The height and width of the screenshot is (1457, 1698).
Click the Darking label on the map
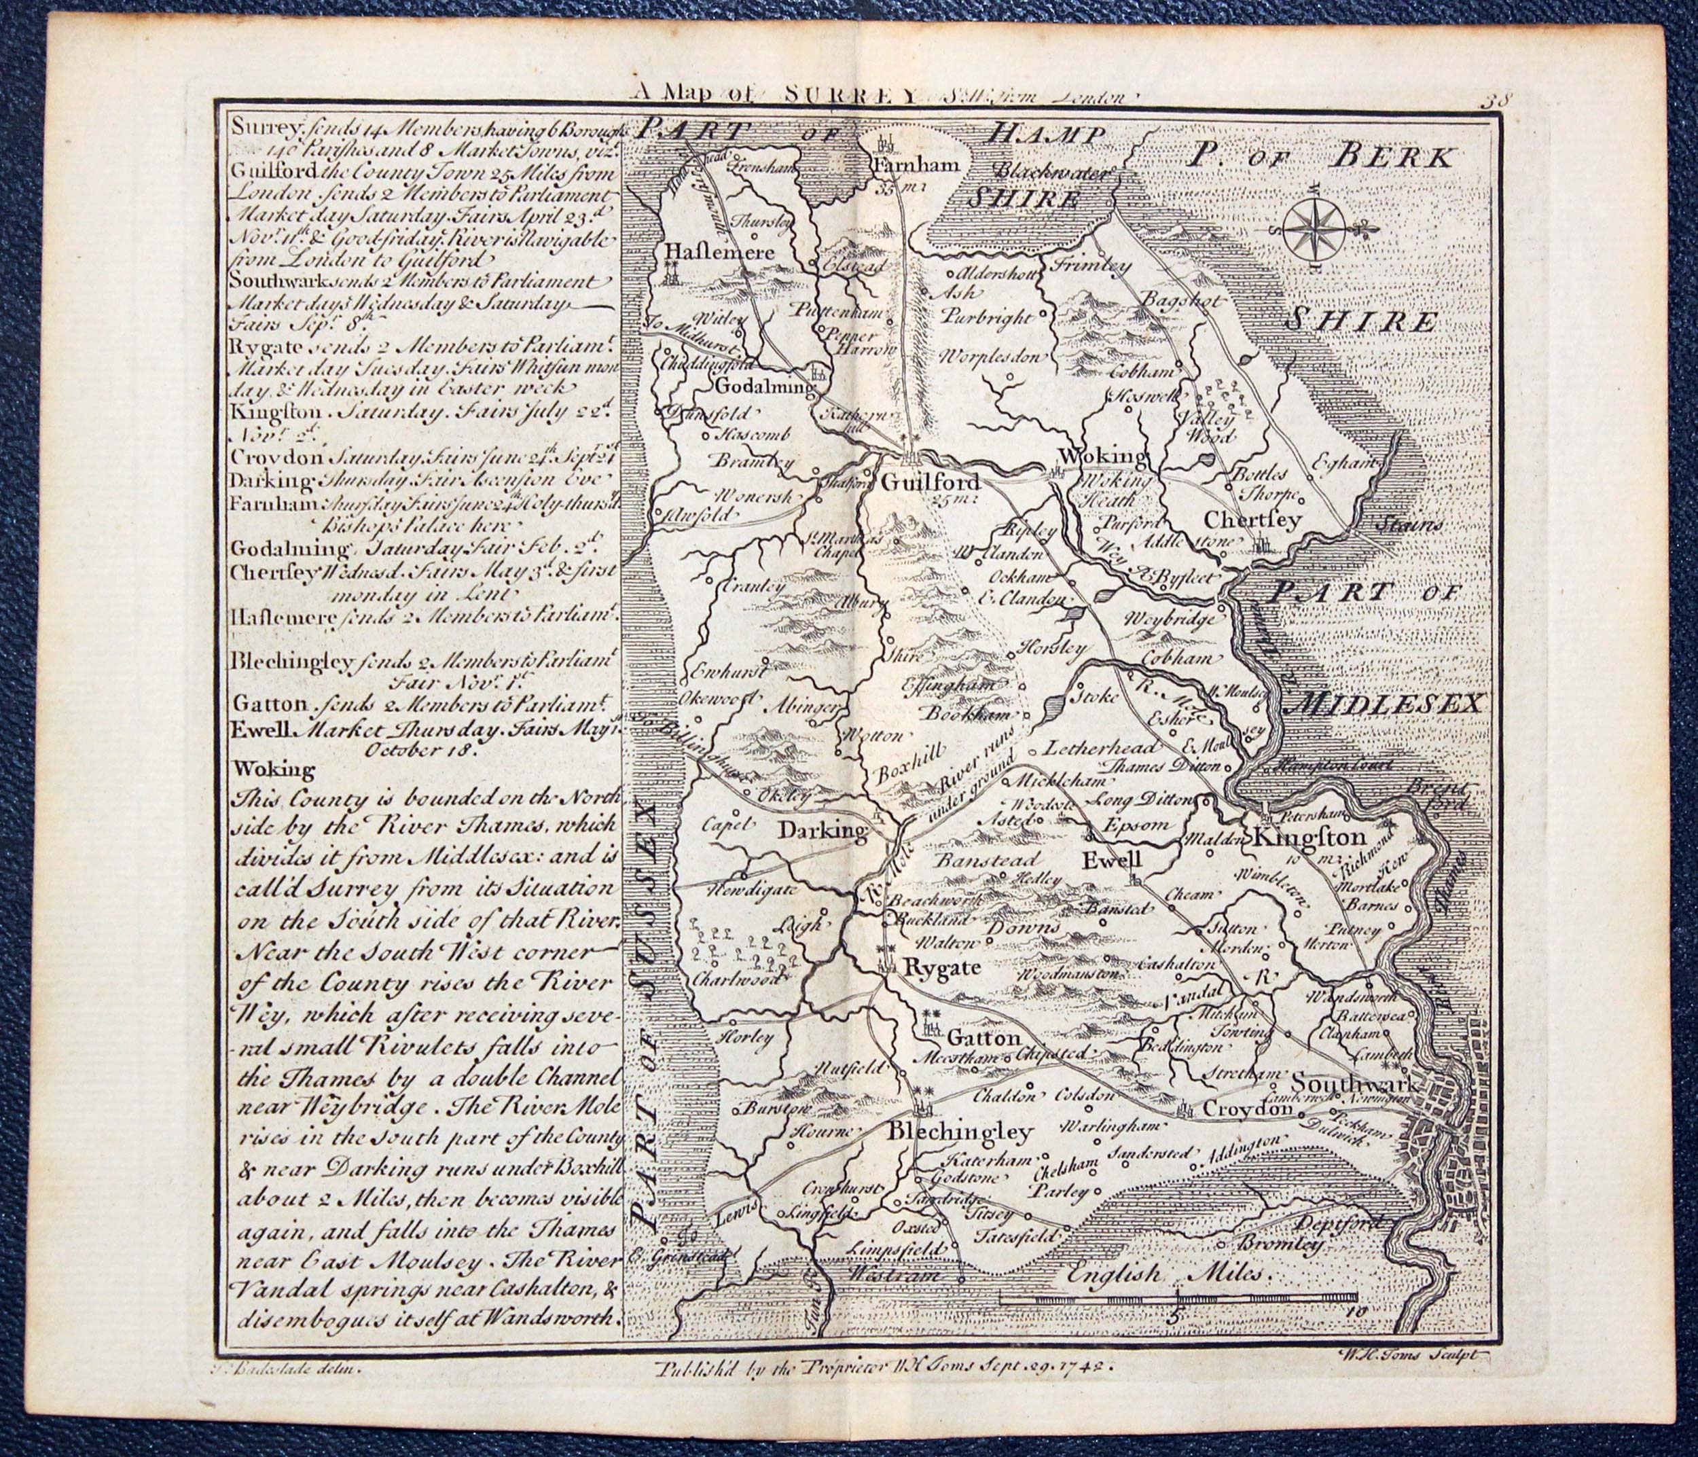[822, 832]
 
